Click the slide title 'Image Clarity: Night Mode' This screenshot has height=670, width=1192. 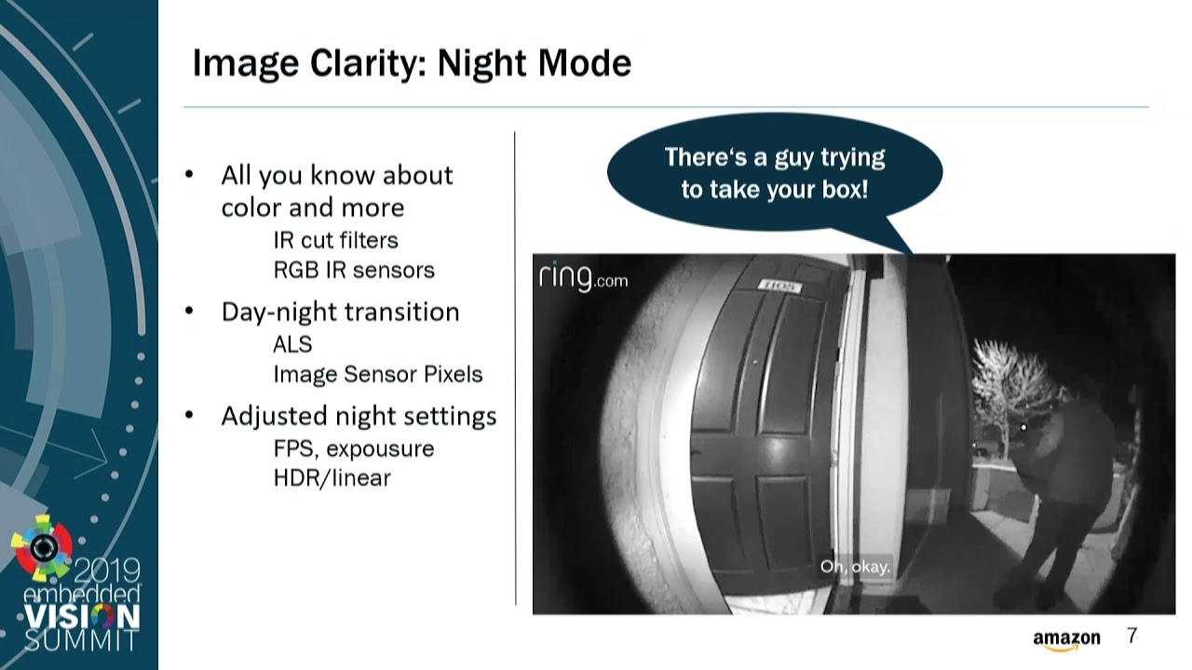pos(412,64)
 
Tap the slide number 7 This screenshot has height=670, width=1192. pos(1131,636)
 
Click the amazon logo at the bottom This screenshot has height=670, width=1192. pos(1066,639)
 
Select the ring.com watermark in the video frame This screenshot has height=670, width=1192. pos(583,277)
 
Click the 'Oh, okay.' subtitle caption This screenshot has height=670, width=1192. pos(855,567)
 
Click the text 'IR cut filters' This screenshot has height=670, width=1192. pos(336,240)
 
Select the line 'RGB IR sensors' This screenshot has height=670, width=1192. pos(354,270)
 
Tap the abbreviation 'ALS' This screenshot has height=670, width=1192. pos(292,344)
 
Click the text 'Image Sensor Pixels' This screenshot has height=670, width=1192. pos(378,374)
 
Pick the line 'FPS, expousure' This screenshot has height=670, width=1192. pos(354,449)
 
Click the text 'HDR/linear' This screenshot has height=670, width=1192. pos(332,478)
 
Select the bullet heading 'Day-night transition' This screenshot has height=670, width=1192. pos(340,312)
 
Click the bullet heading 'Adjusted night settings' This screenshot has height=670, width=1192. pos(359,416)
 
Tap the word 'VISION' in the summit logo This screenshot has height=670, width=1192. pos(82,617)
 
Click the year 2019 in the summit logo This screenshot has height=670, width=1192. pos(106,571)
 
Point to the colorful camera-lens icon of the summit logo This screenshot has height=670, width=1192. pos(42,547)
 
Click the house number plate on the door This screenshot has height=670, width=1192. pos(779,286)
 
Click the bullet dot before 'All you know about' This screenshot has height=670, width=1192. pos(189,174)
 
